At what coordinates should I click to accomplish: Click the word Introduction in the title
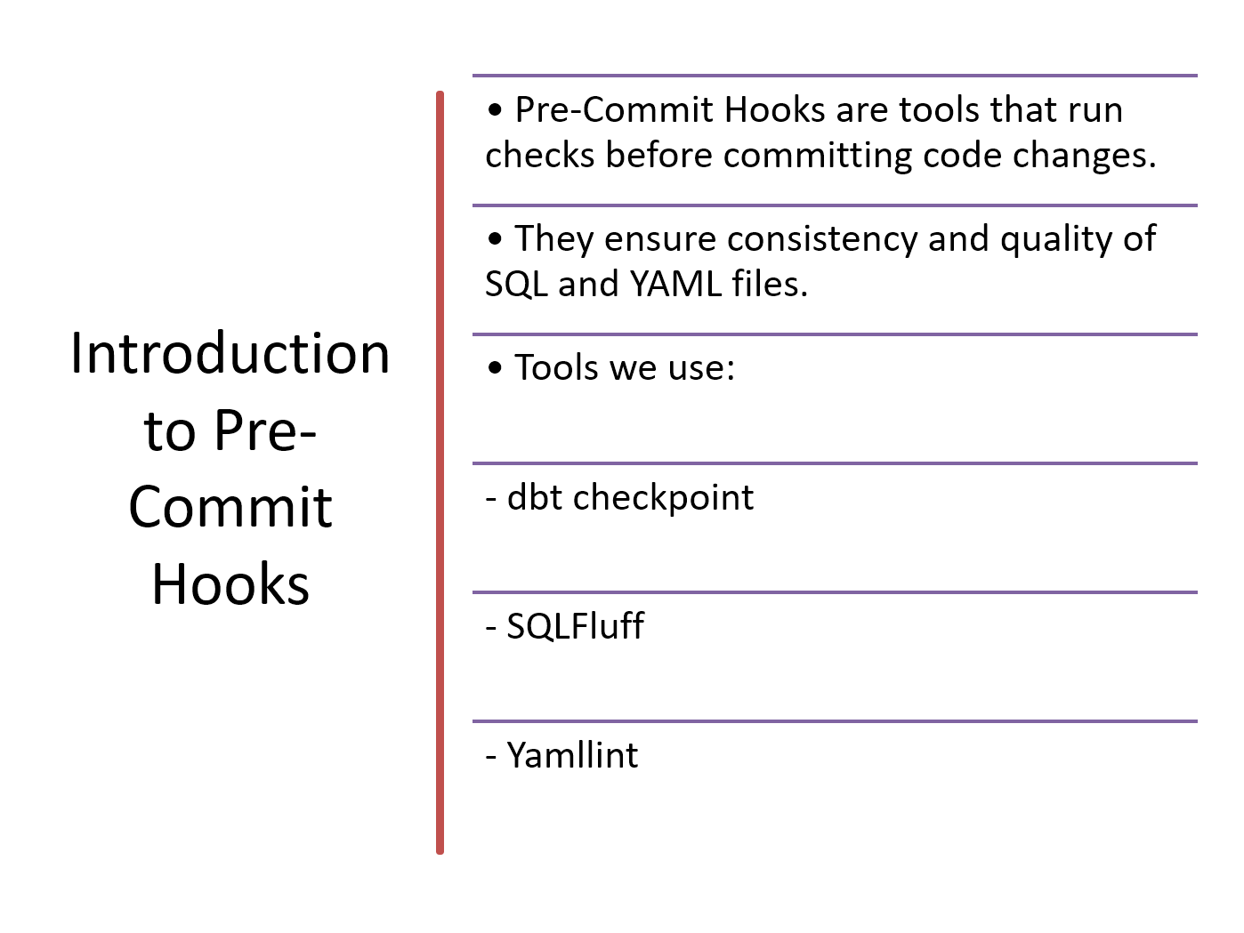pyautogui.click(x=230, y=353)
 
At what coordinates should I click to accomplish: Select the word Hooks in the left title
pyautogui.click(x=230, y=583)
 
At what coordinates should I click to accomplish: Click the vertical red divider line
pyautogui.click(x=440, y=472)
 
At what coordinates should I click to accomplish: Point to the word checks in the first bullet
pyautogui.click(x=540, y=154)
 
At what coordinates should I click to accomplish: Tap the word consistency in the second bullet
pyautogui.click(x=822, y=238)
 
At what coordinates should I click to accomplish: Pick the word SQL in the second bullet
pyautogui.click(x=516, y=283)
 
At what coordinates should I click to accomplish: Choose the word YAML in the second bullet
pyautogui.click(x=675, y=283)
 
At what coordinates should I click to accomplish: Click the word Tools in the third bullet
pyautogui.click(x=556, y=367)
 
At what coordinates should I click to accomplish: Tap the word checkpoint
pyautogui.click(x=663, y=497)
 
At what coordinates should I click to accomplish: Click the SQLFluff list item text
pyautogui.click(x=565, y=626)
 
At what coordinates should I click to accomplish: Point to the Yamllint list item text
pyautogui.click(x=562, y=754)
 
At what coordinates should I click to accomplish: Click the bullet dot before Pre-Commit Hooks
pyautogui.click(x=495, y=110)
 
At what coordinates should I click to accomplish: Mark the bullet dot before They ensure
pyautogui.click(x=495, y=238)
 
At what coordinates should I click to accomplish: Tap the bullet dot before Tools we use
pyautogui.click(x=495, y=367)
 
